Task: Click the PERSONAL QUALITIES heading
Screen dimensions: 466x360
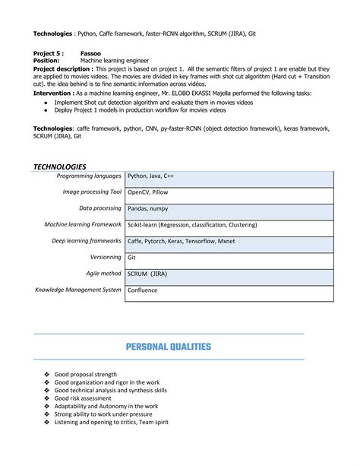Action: (x=168, y=347)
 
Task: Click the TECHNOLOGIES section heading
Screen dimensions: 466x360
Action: (x=60, y=166)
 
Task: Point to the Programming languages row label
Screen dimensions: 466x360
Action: (x=90, y=176)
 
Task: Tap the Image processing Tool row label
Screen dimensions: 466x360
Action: (x=92, y=192)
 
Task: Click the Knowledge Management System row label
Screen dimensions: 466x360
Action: (x=78, y=290)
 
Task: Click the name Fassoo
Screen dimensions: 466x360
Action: (x=91, y=54)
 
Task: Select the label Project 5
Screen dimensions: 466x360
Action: (x=48, y=54)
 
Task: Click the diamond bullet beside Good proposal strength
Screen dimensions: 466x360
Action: (x=46, y=374)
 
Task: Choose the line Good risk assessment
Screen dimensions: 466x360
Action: (x=83, y=398)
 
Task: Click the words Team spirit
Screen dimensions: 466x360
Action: (x=151, y=422)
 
